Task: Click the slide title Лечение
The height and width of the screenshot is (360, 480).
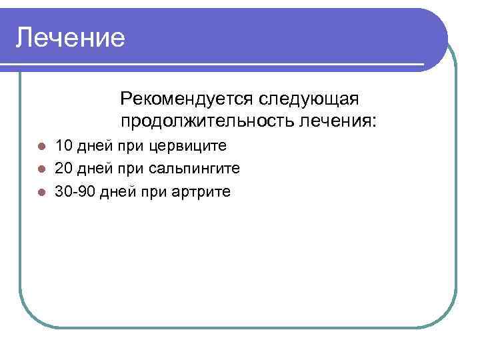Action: (x=71, y=38)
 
